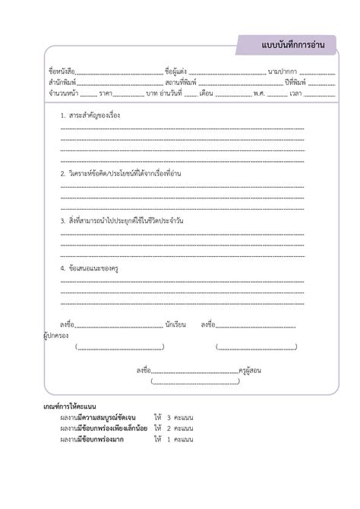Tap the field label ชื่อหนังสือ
(62, 72)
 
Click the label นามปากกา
(282, 72)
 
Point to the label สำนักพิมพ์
(62, 83)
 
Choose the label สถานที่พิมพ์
(180, 83)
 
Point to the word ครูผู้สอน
(251, 371)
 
